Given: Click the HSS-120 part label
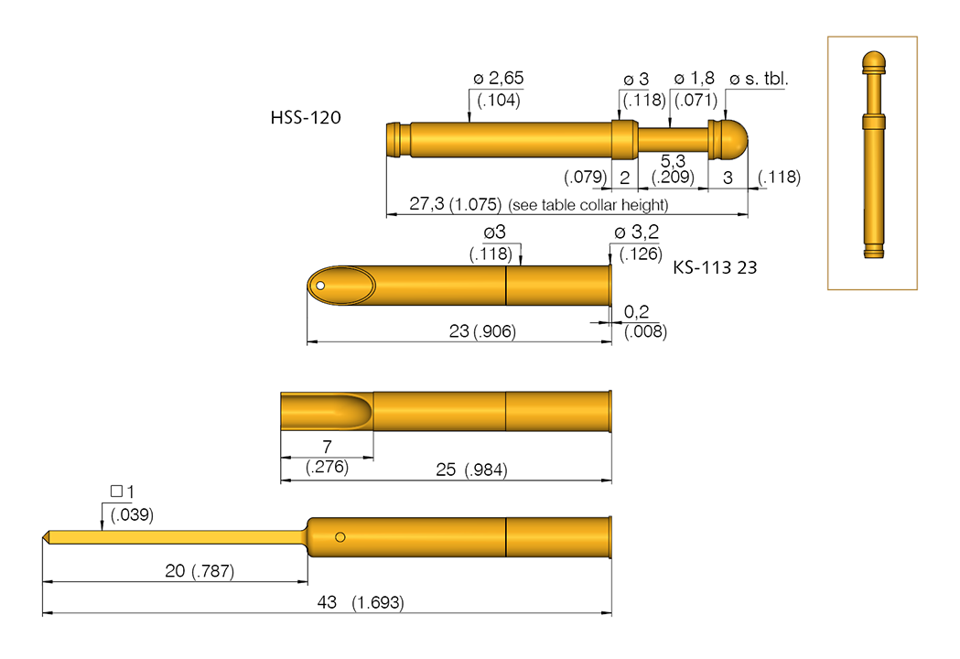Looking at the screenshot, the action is [x=306, y=118].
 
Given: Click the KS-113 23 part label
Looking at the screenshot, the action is [x=715, y=268].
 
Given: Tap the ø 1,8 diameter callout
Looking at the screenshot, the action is [x=695, y=79].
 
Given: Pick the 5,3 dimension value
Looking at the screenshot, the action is [x=674, y=161].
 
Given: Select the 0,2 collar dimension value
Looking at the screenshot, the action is [x=638, y=313].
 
